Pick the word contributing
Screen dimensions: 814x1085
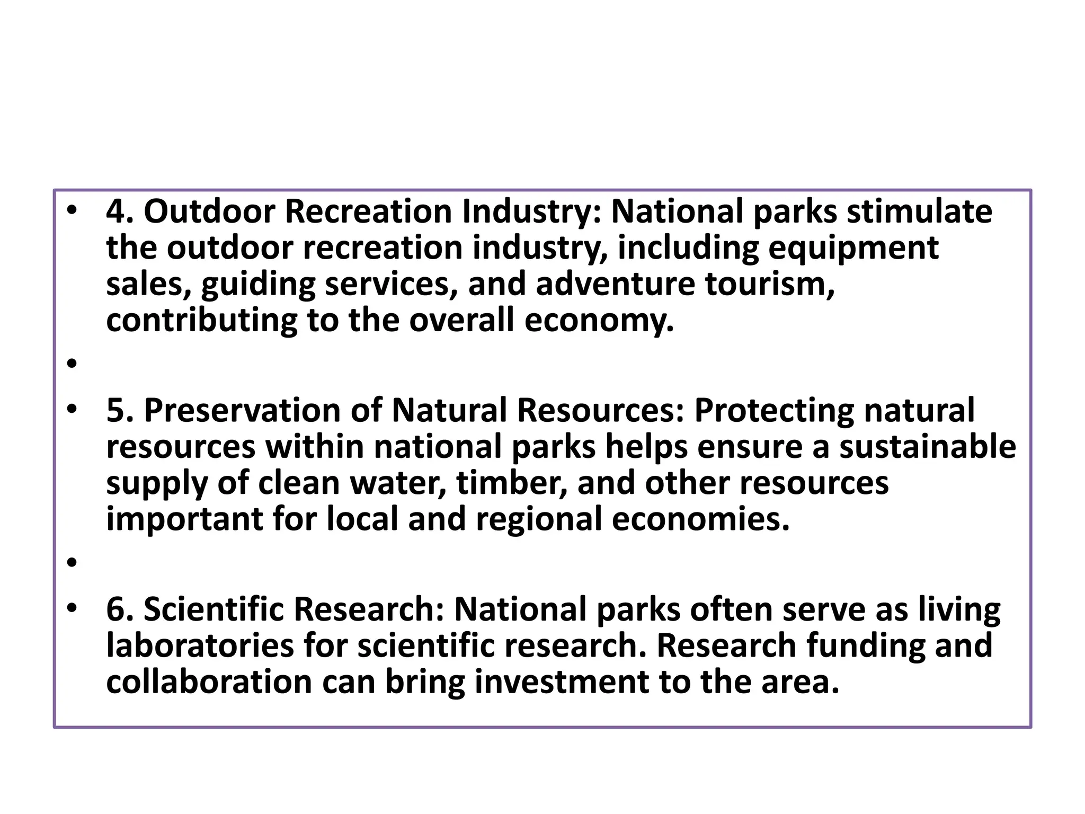pos(201,321)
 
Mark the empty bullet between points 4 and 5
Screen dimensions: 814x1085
pos(73,364)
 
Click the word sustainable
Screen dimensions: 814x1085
pos(928,447)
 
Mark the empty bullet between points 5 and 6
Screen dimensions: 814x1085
pos(73,562)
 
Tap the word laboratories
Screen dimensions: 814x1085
pos(200,646)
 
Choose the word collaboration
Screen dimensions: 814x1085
pos(209,682)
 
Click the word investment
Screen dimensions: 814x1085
pos(562,682)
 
